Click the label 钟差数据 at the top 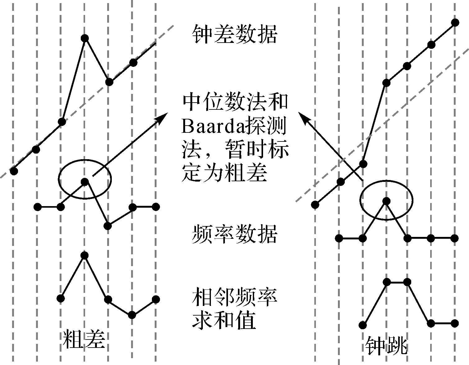(x=234, y=34)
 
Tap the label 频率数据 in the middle (x=234, y=234)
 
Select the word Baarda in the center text (x=211, y=127)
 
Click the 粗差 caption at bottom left (x=84, y=339)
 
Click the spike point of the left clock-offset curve (x=85, y=38)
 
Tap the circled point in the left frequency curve (x=85, y=182)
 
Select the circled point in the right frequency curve (x=386, y=201)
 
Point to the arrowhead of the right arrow (x=303, y=117)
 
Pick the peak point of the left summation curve (x=84, y=256)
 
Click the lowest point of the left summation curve (x=132, y=315)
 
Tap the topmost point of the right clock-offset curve (x=455, y=22)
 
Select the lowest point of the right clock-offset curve (x=315, y=205)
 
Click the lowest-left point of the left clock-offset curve (x=14, y=171)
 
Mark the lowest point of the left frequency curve (x=108, y=226)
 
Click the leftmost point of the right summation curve (x=362, y=325)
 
